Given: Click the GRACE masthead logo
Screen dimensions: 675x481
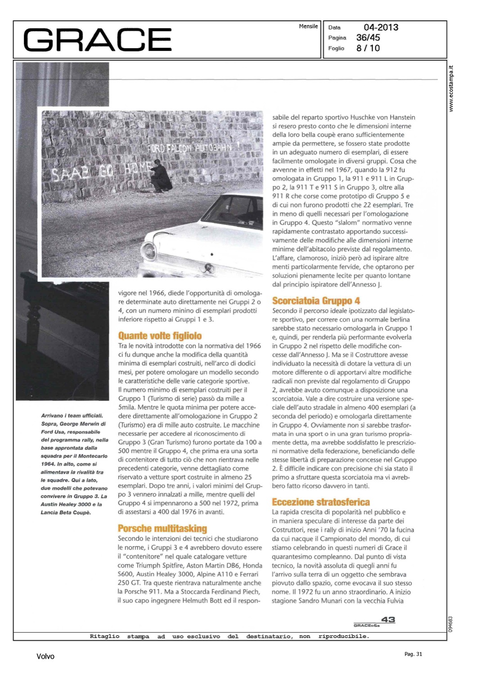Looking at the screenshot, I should (97, 40).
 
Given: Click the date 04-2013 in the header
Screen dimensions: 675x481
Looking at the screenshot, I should (381, 27).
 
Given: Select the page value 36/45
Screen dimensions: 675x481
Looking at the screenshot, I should (368, 38).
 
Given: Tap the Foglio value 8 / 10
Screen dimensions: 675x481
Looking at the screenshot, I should (368, 48).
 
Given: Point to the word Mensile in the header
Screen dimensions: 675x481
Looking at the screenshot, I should (308, 27).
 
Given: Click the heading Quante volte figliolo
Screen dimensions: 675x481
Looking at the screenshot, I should (160, 336).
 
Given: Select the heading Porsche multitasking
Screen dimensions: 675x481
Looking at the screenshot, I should (162, 528).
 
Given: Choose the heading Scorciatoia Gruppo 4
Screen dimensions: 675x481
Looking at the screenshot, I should (316, 301).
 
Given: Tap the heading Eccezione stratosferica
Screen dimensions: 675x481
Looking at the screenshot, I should (321, 502).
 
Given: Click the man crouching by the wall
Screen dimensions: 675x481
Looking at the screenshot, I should (161, 176).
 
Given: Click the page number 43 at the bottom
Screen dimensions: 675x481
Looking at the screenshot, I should (388, 620).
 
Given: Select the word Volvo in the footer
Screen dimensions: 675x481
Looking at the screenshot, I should (45, 657).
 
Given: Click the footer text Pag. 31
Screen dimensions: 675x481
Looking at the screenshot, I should (413, 654).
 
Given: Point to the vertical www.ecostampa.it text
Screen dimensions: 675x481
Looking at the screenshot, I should (451, 89).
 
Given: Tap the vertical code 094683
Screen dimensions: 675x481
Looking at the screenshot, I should (451, 624).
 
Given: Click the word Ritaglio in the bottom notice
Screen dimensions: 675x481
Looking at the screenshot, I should (104, 636).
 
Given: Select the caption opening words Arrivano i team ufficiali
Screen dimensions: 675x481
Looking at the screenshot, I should (72, 416).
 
